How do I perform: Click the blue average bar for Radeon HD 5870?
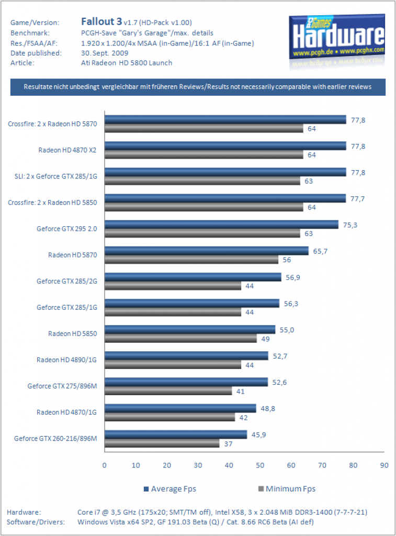tap(207, 251)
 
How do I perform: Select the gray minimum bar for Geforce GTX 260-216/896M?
tap(162, 443)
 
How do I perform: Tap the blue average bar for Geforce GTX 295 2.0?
tap(221, 224)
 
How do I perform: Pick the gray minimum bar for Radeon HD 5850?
tap(181, 339)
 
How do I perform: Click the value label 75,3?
tap(350, 225)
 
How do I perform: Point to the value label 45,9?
tap(258, 435)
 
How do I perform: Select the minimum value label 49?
tap(265, 339)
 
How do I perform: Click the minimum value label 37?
tap(228, 444)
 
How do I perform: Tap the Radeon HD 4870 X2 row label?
tap(67, 150)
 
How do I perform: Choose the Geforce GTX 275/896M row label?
tap(62, 386)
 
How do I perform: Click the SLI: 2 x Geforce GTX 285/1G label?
tap(55, 176)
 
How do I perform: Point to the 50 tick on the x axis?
tap(260, 465)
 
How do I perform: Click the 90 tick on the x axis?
tap(384, 465)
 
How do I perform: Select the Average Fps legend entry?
tap(170, 489)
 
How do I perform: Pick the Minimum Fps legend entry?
tap(287, 489)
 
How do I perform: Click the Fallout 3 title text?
tap(101, 21)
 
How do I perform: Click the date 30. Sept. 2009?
tap(105, 53)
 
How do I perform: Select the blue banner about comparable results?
tap(198, 87)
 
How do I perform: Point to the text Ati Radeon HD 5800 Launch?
tap(127, 63)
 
